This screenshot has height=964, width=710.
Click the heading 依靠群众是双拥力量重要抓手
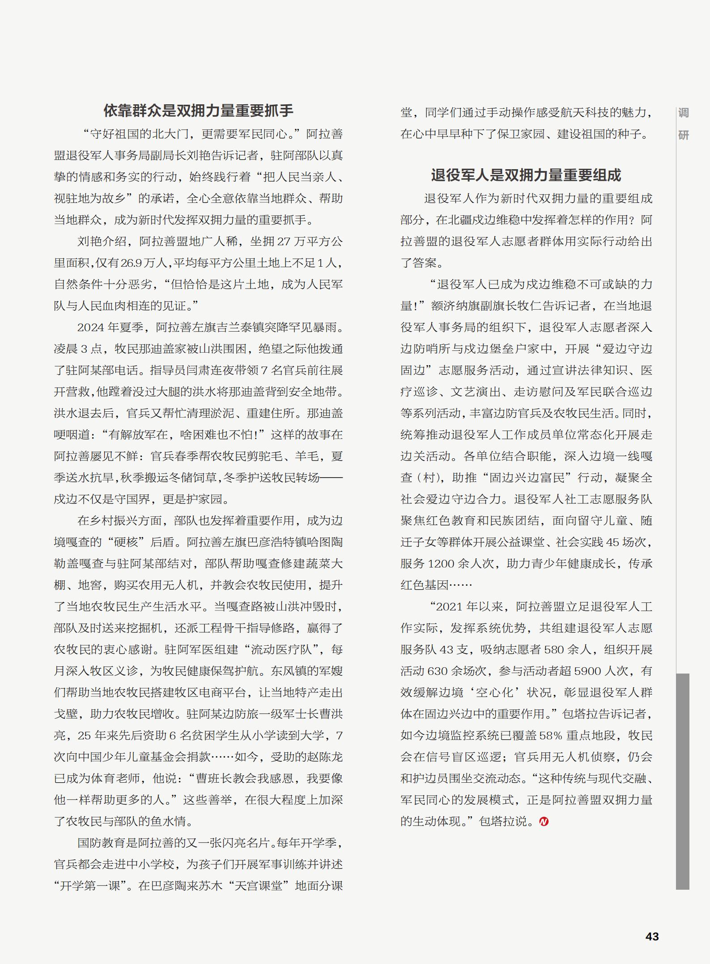[198, 111]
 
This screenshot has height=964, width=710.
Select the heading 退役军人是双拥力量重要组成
[526, 175]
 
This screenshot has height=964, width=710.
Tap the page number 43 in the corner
[652, 936]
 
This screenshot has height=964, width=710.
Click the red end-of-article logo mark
[544, 822]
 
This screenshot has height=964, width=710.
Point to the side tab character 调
[683, 113]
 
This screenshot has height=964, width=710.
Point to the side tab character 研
[683, 135]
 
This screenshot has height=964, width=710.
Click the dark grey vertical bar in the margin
[682, 781]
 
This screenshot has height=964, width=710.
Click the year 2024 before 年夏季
[91, 328]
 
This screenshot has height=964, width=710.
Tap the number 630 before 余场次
[438, 671]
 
